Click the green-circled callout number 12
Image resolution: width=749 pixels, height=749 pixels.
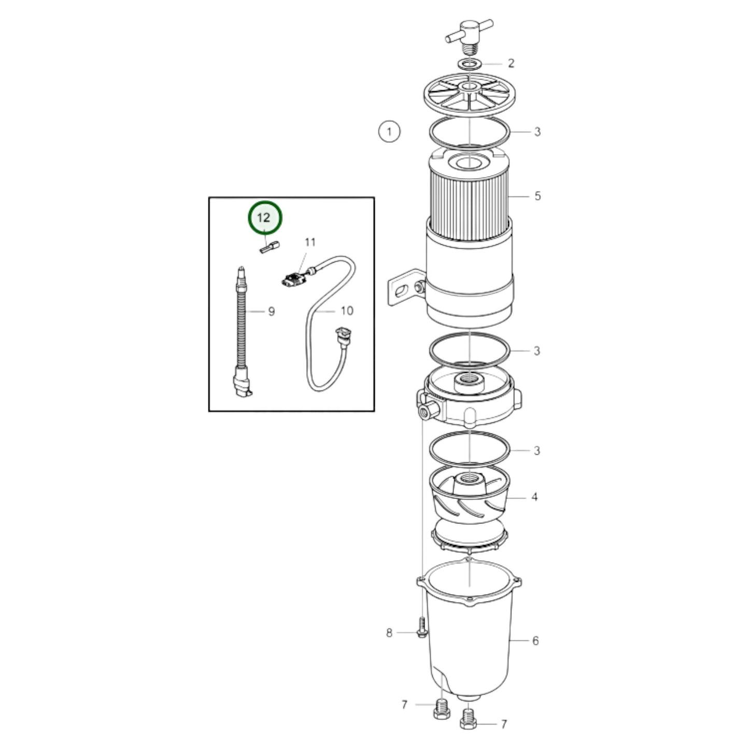pos(265,218)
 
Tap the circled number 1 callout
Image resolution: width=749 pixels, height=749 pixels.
pos(389,132)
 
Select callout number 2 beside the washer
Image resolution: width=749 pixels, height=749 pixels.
pos(511,63)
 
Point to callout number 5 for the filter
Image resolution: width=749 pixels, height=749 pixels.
pos(537,196)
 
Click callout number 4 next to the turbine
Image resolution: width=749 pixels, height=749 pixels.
pos(534,497)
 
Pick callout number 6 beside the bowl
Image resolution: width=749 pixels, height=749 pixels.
pos(535,641)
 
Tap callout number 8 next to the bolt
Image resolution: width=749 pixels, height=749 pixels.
pos(389,633)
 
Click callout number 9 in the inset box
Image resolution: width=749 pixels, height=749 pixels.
pos(271,312)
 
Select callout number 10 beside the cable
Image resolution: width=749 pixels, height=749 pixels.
pos(347,310)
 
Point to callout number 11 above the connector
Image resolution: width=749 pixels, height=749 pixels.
pos(310,243)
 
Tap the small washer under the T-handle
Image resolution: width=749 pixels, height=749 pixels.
pos(470,63)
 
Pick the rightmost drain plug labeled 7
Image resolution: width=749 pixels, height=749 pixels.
pos(469,721)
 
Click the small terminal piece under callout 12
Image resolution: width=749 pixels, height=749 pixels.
pos(270,247)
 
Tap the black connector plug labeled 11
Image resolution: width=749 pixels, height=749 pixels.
pos(292,280)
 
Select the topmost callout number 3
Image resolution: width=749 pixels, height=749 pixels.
pos(537,132)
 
